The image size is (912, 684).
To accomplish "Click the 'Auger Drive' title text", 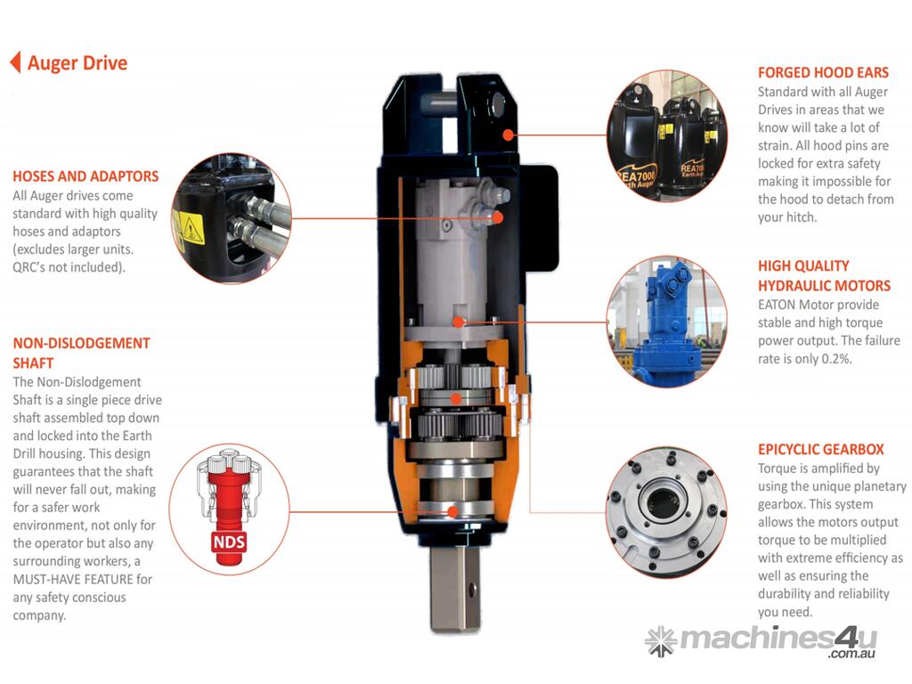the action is pos(77,63).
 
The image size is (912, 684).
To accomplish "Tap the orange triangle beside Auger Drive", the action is pos(16,62).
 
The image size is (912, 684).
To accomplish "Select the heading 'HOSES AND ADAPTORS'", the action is pos(85,176).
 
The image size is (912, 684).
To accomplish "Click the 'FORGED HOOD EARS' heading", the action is pos(823,73).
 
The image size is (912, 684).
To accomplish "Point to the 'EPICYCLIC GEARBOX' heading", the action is pos(820,449).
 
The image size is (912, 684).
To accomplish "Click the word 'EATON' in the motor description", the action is pos(777,305).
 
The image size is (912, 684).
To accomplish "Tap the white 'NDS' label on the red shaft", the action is pos(229,542).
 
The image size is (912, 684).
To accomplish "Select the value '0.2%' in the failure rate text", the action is pos(836,359).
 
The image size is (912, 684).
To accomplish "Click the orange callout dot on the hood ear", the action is pos(509,135).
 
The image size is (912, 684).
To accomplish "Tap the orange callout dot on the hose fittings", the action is pos(497,217).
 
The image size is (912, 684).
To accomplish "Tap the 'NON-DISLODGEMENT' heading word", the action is pos(81,343).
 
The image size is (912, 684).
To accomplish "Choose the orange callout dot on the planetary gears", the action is pos(456,398).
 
